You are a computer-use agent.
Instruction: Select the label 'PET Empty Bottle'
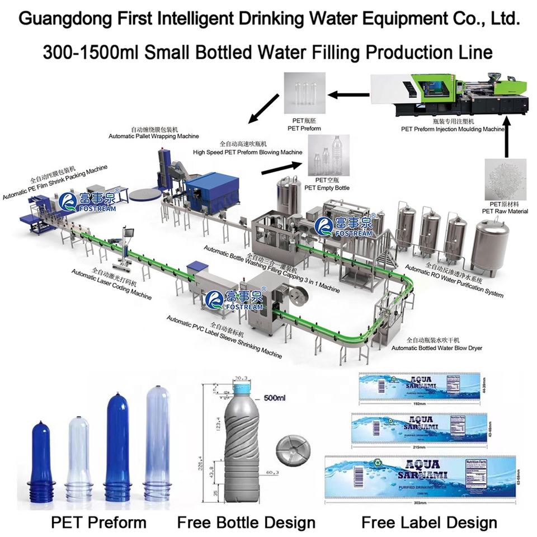[327, 188]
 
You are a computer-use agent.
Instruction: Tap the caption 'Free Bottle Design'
[246, 523]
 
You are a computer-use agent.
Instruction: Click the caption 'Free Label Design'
[429, 523]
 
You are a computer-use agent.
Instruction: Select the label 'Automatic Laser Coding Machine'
[111, 284]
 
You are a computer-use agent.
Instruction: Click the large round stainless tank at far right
[491, 246]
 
